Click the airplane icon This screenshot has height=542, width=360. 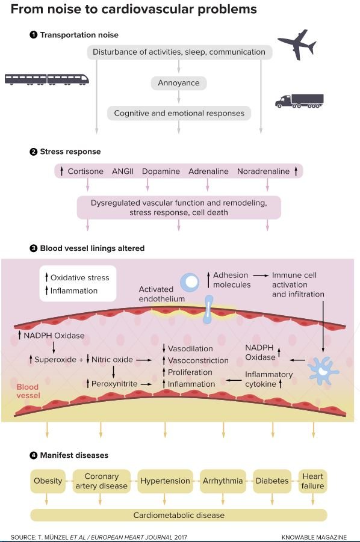tap(297, 45)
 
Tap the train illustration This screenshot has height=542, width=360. tap(47, 79)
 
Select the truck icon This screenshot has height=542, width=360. tap(299, 101)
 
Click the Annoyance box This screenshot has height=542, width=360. tap(179, 83)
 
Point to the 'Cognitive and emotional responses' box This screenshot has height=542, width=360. tap(179, 113)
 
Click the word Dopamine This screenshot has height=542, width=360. tap(161, 171)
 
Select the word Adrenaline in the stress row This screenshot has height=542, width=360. tap(208, 171)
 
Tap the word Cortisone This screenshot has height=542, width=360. tap(85, 171)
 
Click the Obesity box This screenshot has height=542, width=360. tap(48, 481)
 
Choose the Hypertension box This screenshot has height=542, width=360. tap(165, 481)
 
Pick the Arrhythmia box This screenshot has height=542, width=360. tap(223, 481)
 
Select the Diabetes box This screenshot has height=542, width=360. tap(272, 481)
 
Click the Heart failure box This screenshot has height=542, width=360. tap(313, 481)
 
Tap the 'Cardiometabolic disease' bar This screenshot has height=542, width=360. tap(179, 515)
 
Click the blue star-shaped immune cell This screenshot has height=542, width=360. tap(323, 371)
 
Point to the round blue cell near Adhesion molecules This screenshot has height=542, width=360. tap(190, 282)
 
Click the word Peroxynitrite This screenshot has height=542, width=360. tap(114, 384)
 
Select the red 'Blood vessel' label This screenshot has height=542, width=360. tap(28, 391)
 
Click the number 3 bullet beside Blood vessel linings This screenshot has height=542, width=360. tap(34, 248)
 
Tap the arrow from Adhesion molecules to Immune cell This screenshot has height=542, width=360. tap(261, 276)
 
